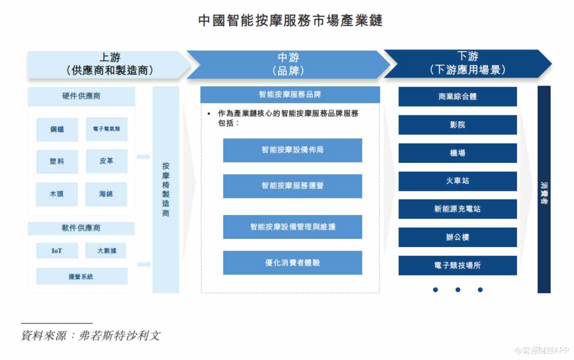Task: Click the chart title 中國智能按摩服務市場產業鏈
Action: (290, 20)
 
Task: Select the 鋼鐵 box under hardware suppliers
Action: (57, 129)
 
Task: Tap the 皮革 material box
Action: (106, 161)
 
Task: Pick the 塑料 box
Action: (57, 161)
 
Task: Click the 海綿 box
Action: (106, 193)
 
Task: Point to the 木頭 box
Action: (57, 193)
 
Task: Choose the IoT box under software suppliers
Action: (57, 250)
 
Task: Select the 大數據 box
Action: (106, 250)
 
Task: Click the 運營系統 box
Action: (81, 276)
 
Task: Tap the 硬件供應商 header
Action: (81, 96)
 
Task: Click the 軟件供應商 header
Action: (81, 228)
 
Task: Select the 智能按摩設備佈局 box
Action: (292, 150)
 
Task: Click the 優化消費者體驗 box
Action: (292, 262)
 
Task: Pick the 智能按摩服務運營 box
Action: (292, 185)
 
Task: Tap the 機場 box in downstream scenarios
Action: (457, 153)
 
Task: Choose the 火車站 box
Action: (457, 181)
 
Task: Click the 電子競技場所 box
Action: (457, 265)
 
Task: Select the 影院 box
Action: (457, 124)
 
